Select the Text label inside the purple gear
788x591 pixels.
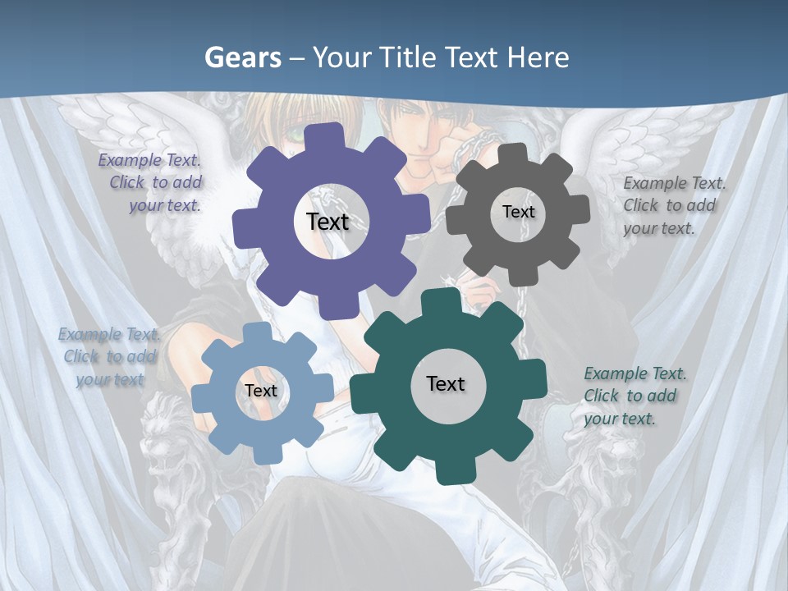click(328, 222)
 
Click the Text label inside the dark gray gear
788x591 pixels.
click(518, 212)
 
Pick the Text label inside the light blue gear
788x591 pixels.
click(261, 391)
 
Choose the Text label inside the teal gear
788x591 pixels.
click(446, 383)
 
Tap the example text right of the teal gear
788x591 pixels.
click(633, 396)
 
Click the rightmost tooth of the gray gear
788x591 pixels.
click(581, 212)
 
